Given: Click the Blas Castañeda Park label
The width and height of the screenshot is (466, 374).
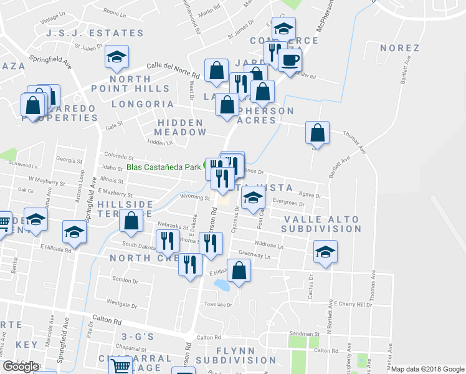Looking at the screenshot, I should (164, 167).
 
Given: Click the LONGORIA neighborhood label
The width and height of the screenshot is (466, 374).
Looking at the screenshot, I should (143, 104).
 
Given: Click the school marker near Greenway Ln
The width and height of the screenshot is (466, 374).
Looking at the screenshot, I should (325, 252).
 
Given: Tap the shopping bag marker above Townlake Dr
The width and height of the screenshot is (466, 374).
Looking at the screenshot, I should (239, 271).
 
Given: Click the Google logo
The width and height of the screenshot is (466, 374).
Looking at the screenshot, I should (20, 367).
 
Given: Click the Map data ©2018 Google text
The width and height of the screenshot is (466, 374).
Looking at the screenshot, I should (427, 369).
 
